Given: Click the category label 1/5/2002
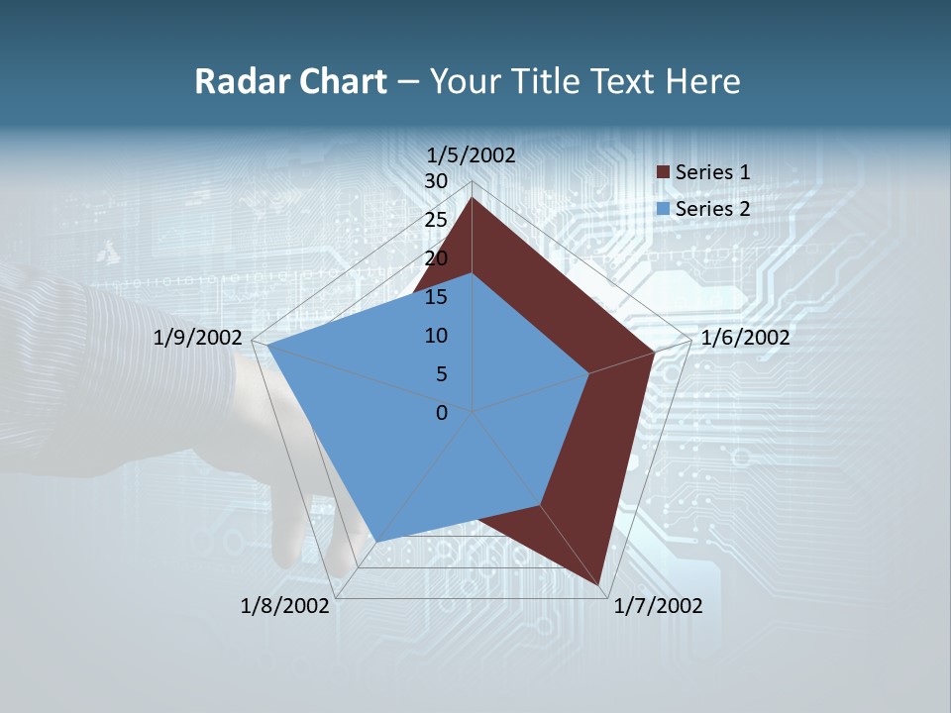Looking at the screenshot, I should point(472,155).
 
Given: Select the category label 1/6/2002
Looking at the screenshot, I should point(745,338).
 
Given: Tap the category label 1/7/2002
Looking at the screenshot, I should point(658,606).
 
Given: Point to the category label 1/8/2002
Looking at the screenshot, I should point(285,606).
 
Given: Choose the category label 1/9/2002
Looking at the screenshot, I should point(198,338).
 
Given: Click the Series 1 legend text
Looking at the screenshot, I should point(712,172).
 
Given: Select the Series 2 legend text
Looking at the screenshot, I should point(712,209).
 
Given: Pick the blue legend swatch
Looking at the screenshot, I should point(663,209).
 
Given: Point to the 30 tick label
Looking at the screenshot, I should point(436,181).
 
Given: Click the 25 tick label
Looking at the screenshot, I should point(436,220).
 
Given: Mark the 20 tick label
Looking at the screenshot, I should point(436,258).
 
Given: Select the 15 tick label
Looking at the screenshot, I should point(436,297).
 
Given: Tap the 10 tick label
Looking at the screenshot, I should point(436,336).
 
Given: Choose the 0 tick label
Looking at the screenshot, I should point(442,413).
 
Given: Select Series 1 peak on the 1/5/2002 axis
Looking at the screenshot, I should point(472,198).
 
